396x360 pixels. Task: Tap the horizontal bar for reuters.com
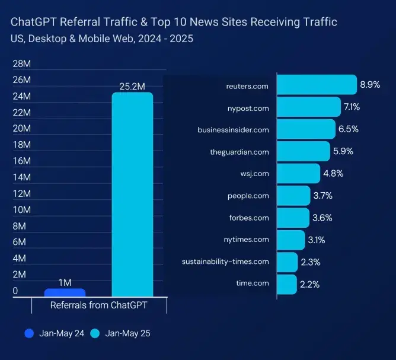click(x=317, y=85)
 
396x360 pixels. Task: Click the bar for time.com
click(x=287, y=284)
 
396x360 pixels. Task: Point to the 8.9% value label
click(x=370, y=85)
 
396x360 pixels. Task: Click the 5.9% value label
click(x=343, y=151)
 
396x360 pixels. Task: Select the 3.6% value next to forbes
click(x=322, y=218)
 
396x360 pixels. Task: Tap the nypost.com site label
click(x=248, y=108)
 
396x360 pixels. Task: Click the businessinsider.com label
click(x=233, y=130)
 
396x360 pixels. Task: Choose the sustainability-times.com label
click(x=225, y=262)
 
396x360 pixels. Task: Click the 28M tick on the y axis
click(x=21, y=64)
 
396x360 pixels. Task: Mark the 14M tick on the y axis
click(x=21, y=177)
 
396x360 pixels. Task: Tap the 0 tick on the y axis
click(x=15, y=291)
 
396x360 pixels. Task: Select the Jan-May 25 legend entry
click(x=121, y=333)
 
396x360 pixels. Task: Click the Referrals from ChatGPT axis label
click(x=98, y=305)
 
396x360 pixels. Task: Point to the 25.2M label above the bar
click(x=132, y=87)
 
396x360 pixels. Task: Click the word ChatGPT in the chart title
click(x=30, y=23)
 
